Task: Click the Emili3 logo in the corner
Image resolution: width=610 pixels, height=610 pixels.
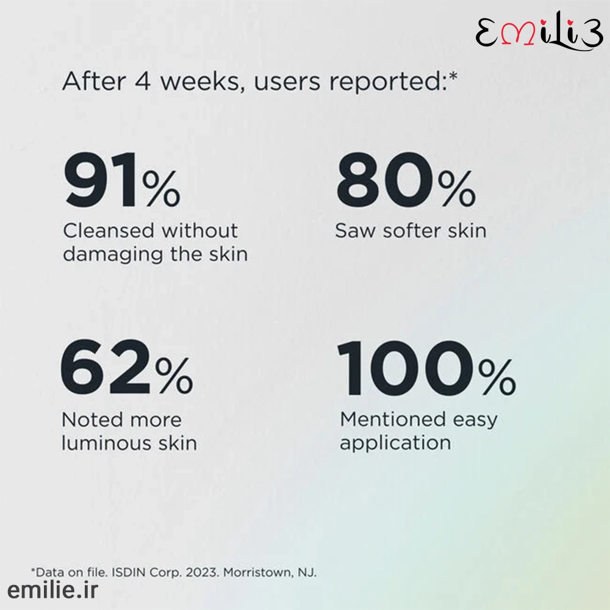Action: (x=539, y=32)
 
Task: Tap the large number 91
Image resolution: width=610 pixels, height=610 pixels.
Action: (x=101, y=181)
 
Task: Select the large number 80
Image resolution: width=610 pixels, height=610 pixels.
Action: (x=384, y=181)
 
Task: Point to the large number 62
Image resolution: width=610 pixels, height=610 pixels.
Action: (x=106, y=367)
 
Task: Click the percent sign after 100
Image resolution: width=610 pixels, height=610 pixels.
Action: (x=497, y=377)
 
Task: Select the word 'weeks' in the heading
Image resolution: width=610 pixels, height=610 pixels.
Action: (x=203, y=81)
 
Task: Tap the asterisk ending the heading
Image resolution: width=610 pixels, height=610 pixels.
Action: (x=453, y=76)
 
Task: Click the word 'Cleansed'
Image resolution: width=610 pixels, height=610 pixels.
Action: (x=109, y=231)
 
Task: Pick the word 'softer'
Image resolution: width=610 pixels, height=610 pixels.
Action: (x=412, y=231)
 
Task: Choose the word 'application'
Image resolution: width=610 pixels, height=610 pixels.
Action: (x=395, y=443)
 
